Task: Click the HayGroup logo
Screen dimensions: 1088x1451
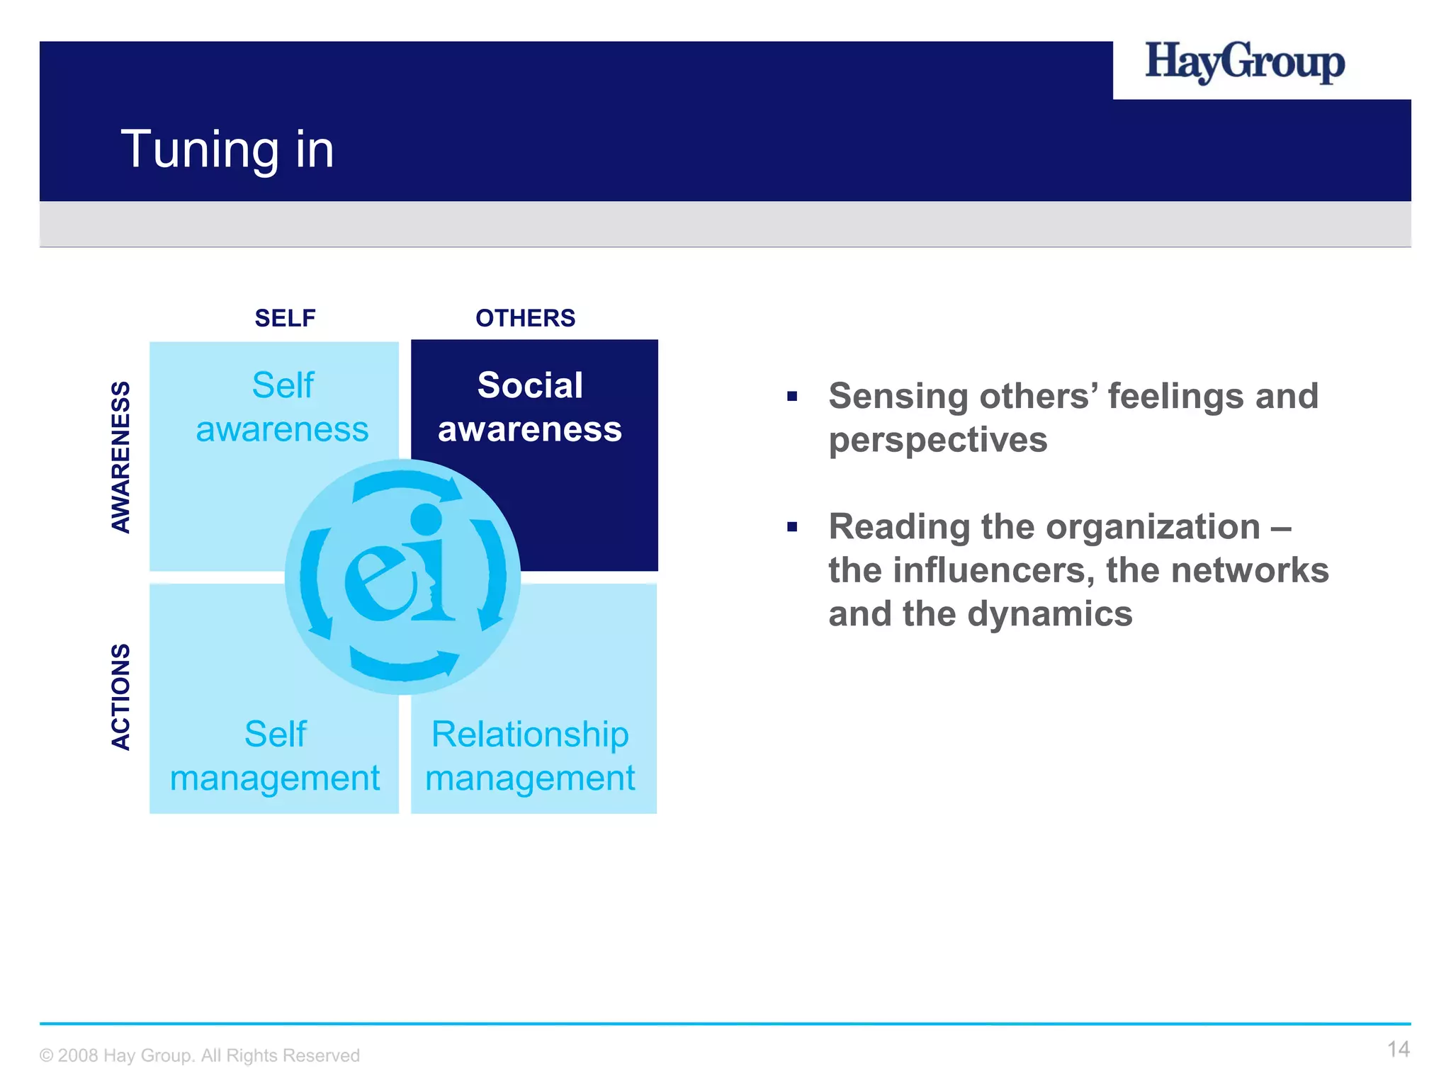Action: pyautogui.click(x=1244, y=62)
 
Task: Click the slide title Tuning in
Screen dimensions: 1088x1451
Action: pyautogui.click(x=227, y=149)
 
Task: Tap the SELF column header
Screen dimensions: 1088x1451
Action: pyautogui.click(x=285, y=318)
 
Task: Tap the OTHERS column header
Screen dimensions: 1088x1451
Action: pyautogui.click(x=525, y=318)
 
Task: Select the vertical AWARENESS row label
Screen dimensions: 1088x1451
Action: pyautogui.click(x=121, y=457)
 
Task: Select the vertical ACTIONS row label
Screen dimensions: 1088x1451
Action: pyautogui.click(x=121, y=696)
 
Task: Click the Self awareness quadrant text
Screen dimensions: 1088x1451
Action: pyautogui.click(x=282, y=407)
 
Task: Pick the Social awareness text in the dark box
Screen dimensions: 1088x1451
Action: pyautogui.click(x=530, y=407)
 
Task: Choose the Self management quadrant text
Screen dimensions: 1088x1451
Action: pyautogui.click(x=275, y=756)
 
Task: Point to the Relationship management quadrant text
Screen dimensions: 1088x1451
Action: pyautogui.click(x=530, y=756)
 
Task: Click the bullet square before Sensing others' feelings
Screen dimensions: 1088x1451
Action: pyautogui.click(x=792, y=396)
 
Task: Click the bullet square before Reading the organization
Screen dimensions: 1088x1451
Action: pyautogui.click(x=792, y=527)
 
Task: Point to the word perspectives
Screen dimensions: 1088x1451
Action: pyautogui.click(x=937, y=440)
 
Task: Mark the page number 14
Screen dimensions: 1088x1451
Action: pyautogui.click(x=1398, y=1049)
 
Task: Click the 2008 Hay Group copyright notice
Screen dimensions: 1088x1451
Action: pyautogui.click(x=200, y=1055)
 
